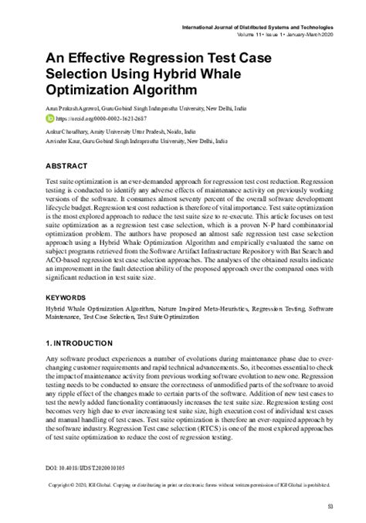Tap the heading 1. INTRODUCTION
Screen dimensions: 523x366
[80, 343]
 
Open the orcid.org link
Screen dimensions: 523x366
[93, 120]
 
